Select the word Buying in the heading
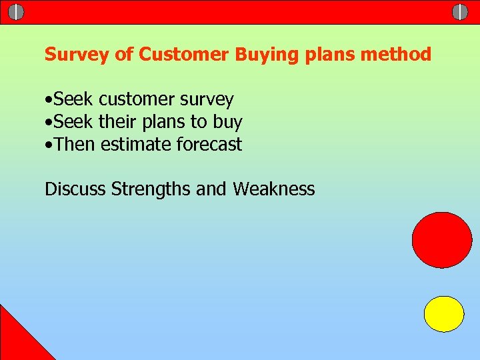(x=259, y=55)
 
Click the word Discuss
(x=75, y=189)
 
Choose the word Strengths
(x=151, y=189)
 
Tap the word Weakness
(x=273, y=189)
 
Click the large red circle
(x=441, y=240)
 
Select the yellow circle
(x=444, y=314)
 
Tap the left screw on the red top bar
(x=16, y=12)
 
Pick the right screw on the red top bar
(x=460, y=12)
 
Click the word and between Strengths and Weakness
(x=211, y=189)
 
